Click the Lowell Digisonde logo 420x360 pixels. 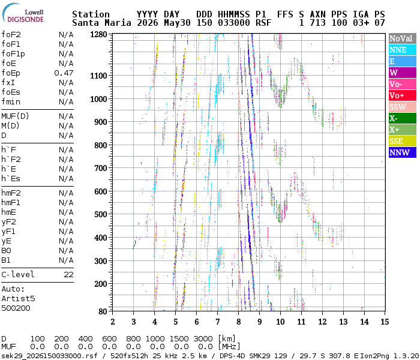tap(23, 13)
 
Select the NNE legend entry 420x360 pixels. tap(403, 50)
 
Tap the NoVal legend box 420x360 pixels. tap(403, 38)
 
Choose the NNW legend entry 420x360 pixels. tap(403, 152)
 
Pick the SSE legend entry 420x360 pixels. tap(403, 141)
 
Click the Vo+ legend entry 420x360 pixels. tap(403, 95)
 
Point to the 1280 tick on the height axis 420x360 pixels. tap(98, 35)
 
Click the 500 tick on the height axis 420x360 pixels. tap(101, 215)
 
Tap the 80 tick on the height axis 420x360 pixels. tap(103, 311)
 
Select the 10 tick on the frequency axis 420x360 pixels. tap(280, 322)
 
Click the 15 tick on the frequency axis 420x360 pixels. tap(385, 322)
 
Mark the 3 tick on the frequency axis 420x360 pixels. tap(133, 322)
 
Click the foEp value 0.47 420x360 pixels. tap(64, 73)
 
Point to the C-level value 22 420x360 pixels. tap(68, 275)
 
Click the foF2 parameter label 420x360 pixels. tap(11, 35)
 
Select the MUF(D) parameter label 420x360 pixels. tap(15, 116)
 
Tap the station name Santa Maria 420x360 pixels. tap(102, 23)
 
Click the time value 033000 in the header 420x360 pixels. tap(234, 23)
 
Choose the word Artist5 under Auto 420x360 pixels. tap(18, 299)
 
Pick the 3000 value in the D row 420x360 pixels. tap(203, 339)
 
